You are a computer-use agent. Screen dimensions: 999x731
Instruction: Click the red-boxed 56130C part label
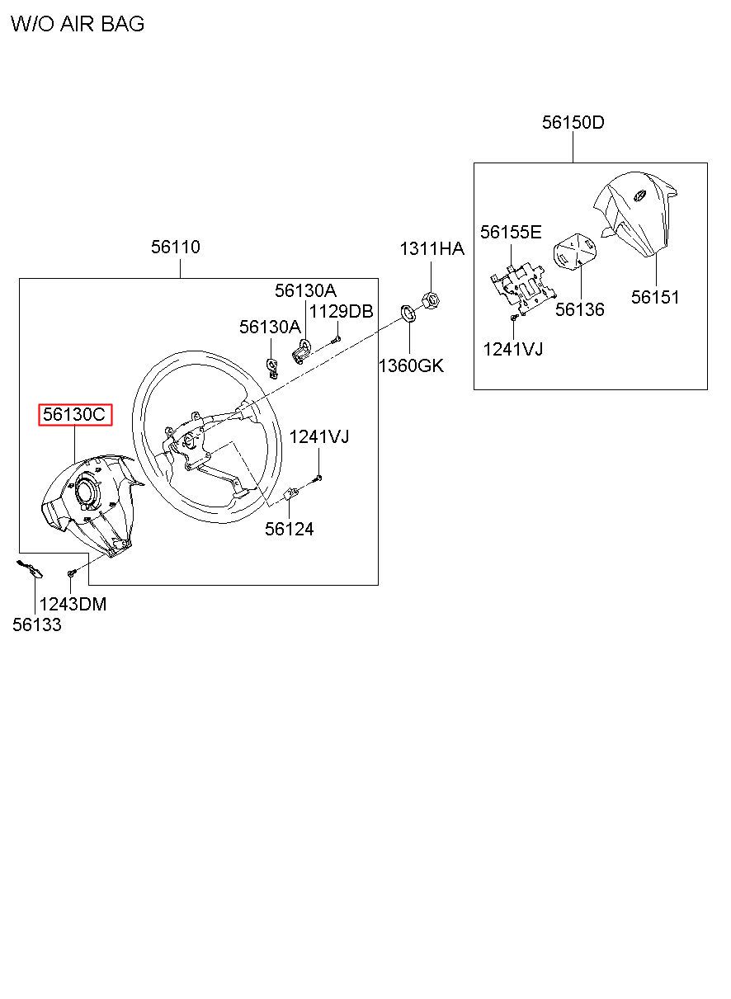(74, 415)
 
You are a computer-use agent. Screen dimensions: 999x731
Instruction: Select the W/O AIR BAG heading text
(78, 24)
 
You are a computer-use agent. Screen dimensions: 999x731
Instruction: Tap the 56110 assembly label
(175, 247)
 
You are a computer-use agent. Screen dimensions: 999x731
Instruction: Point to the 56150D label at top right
(573, 123)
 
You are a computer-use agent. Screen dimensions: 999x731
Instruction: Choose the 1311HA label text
(432, 249)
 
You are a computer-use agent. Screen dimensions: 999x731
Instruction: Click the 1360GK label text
(410, 365)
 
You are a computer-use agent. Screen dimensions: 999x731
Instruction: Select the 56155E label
(511, 232)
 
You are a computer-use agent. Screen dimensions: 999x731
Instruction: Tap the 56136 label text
(579, 309)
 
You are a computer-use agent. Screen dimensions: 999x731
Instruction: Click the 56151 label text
(655, 297)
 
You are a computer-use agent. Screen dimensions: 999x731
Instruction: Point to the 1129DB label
(341, 311)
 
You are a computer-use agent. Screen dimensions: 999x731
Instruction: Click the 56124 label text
(289, 529)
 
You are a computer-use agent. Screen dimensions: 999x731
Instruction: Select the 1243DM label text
(73, 604)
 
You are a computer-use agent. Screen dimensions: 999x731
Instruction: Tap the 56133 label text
(36, 624)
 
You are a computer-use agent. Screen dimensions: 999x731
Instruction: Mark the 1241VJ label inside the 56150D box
(512, 349)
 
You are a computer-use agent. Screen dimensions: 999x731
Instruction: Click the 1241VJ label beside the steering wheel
(318, 436)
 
